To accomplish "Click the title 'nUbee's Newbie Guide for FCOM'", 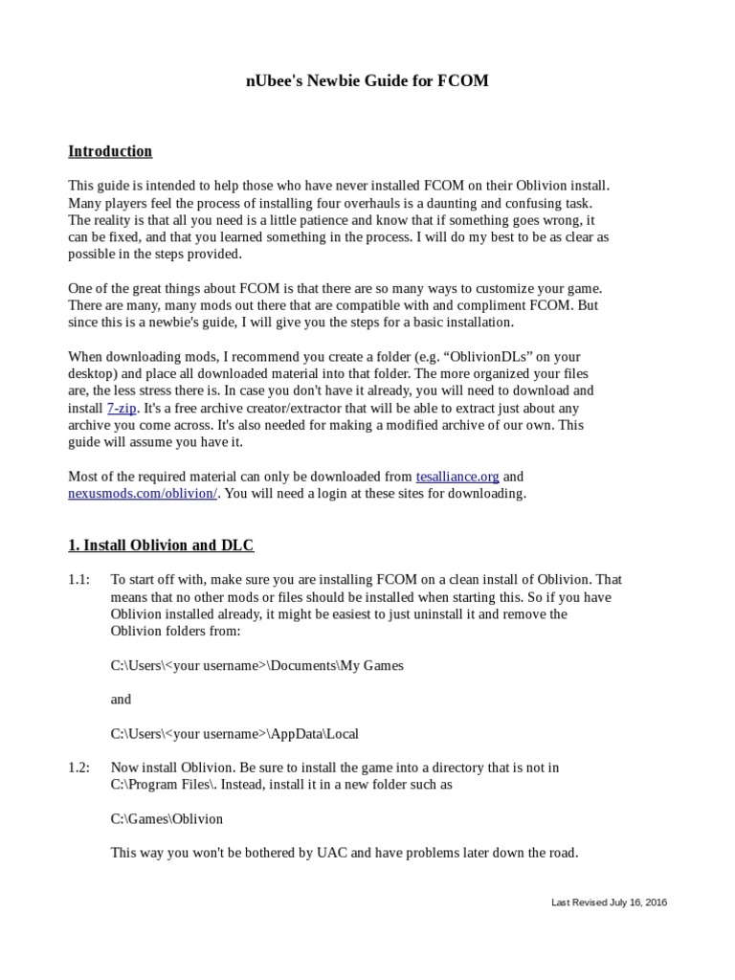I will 367,81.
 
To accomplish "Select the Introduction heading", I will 110,151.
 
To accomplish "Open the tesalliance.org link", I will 457,476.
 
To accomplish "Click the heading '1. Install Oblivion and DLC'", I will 161,546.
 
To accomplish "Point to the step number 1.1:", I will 78,580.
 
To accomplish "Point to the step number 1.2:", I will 78,768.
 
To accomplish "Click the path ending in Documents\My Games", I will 256,665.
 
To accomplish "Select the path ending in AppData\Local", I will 234,734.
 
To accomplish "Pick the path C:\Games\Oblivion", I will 167,819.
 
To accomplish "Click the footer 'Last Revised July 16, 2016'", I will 610,902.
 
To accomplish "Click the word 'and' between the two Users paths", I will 121,700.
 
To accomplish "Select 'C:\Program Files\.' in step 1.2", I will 165,785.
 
